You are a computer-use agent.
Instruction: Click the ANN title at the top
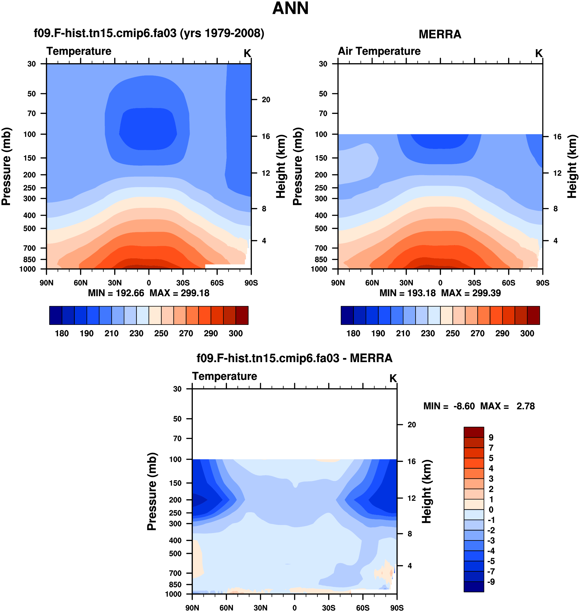(290, 8)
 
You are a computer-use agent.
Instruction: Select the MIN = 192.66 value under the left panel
(116, 293)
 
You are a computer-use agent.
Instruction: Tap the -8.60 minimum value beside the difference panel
(464, 406)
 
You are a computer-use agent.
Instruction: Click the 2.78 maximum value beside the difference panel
(525, 406)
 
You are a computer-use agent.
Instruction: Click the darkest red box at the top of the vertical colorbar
(474, 432)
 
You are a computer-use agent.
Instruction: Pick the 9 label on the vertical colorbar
(491, 438)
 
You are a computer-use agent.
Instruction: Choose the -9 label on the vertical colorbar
(491, 582)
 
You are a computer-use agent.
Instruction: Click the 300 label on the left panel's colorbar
(236, 333)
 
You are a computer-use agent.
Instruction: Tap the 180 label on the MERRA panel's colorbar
(353, 333)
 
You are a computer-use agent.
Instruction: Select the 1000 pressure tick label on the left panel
(27, 269)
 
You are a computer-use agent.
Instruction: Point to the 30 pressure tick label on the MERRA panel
(323, 64)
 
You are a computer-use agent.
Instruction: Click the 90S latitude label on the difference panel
(397, 608)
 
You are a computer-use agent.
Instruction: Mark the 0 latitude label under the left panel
(149, 283)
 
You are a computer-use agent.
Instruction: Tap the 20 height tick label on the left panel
(266, 100)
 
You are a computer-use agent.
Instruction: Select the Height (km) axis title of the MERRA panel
(572, 166)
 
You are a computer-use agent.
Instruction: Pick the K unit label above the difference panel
(393, 378)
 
